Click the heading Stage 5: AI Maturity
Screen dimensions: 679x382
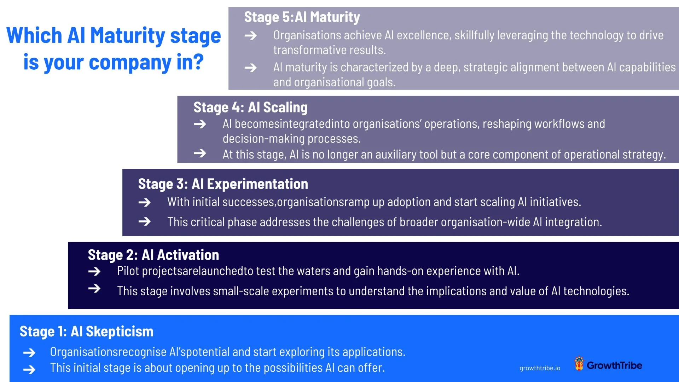pyautogui.click(x=302, y=17)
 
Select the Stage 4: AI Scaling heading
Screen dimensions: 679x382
pyautogui.click(x=250, y=108)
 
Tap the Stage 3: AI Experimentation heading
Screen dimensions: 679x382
pyautogui.click(x=223, y=184)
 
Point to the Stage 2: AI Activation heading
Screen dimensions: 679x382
pyautogui.click(x=153, y=255)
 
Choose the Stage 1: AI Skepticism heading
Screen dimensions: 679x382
pyautogui.click(x=87, y=331)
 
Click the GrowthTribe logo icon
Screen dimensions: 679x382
pyautogui.click(x=579, y=364)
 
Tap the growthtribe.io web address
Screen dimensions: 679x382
pyautogui.click(x=540, y=368)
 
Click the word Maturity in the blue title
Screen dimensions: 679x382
pyautogui.click(x=127, y=36)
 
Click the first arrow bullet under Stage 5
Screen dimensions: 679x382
pyautogui.click(x=251, y=35)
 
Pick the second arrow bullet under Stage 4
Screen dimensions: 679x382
pyautogui.click(x=200, y=153)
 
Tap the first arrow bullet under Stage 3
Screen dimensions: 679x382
pyautogui.click(x=144, y=202)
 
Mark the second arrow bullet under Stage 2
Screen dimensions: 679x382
pyautogui.click(x=94, y=289)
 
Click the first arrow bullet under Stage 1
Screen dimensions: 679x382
pyautogui.click(x=29, y=353)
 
